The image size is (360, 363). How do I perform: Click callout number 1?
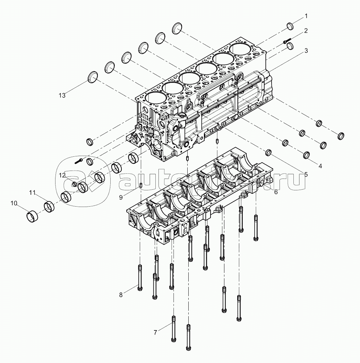click(306, 16)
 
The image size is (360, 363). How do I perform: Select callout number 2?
click(306, 31)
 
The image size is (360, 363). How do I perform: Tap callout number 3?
click(306, 51)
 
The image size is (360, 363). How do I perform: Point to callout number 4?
click(320, 166)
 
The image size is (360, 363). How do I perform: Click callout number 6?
click(276, 192)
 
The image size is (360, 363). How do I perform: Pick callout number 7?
click(155, 332)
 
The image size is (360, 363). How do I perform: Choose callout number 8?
click(121, 295)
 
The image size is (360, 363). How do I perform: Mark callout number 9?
click(121, 197)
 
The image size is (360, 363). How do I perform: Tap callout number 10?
click(14, 203)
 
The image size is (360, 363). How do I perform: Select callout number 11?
click(32, 192)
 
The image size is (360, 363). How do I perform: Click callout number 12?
click(62, 175)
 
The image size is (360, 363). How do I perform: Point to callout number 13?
click(62, 95)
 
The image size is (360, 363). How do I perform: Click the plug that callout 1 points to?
click(290, 26)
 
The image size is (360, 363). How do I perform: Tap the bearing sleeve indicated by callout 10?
click(32, 216)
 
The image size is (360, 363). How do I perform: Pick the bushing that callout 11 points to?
click(49, 207)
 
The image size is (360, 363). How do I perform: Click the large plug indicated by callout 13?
click(93, 77)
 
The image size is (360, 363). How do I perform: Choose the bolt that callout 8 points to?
click(140, 277)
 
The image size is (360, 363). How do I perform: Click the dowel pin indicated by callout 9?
click(140, 186)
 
